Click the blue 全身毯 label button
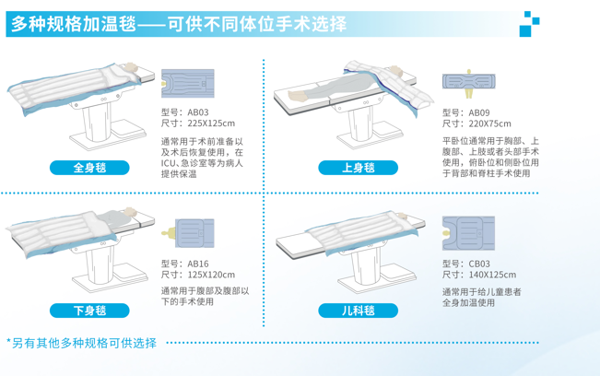[89, 168]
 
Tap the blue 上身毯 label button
[359, 168]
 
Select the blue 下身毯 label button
[89, 311]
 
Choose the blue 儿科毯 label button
[359, 311]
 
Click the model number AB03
[198, 112]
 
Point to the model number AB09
[479, 112]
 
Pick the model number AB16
[198, 264]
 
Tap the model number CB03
[479, 264]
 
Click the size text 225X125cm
[211, 123]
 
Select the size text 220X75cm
[489, 123]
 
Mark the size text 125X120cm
[211, 275]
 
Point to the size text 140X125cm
[492, 275]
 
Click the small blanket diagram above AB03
[187, 83]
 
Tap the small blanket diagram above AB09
[469, 83]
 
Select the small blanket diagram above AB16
[187, 233]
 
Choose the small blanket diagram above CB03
[468, 233]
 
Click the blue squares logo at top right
[529, 24]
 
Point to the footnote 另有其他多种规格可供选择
[84, 343]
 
